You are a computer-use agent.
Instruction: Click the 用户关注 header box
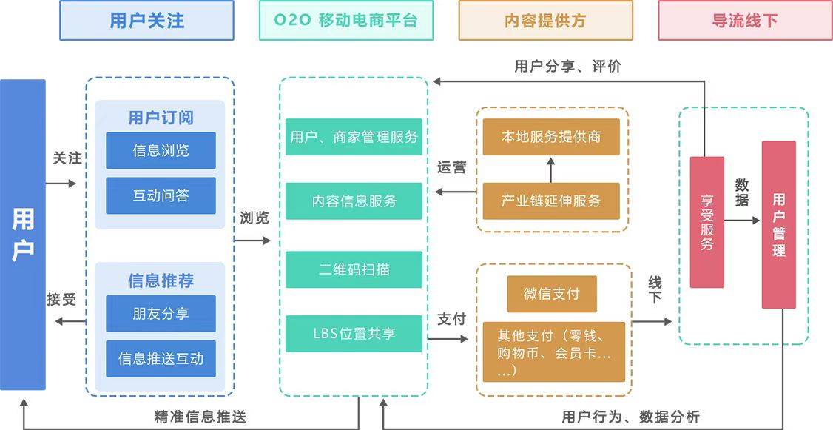click(146, 20)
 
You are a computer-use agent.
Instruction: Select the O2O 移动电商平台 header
click(345, 20)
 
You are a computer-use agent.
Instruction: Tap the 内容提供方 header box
click(545, 20)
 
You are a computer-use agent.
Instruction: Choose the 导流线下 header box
click(744, 20)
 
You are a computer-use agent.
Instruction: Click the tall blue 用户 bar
click(23, 235)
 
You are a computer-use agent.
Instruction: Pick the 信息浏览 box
click(161, 150)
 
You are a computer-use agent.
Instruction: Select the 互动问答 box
click(161, 195)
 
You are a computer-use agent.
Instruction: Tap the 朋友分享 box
click(161, 314)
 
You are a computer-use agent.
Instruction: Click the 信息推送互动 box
click(161, 359)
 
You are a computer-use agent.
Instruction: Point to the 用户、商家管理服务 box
click(354, 137)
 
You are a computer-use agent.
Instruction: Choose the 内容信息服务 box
click(354, 201)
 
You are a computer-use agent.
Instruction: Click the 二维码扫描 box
click(354, 269)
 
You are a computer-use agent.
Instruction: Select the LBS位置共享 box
click(354, 334)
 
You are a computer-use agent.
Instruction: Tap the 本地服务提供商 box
click(551, 137)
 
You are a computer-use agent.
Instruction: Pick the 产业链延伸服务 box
click(551, 201)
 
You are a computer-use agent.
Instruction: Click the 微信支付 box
click(551, 294)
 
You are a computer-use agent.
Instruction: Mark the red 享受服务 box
click(706, 222)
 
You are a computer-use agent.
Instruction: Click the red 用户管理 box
click(778, 224)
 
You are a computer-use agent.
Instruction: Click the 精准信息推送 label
click(200, 417)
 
